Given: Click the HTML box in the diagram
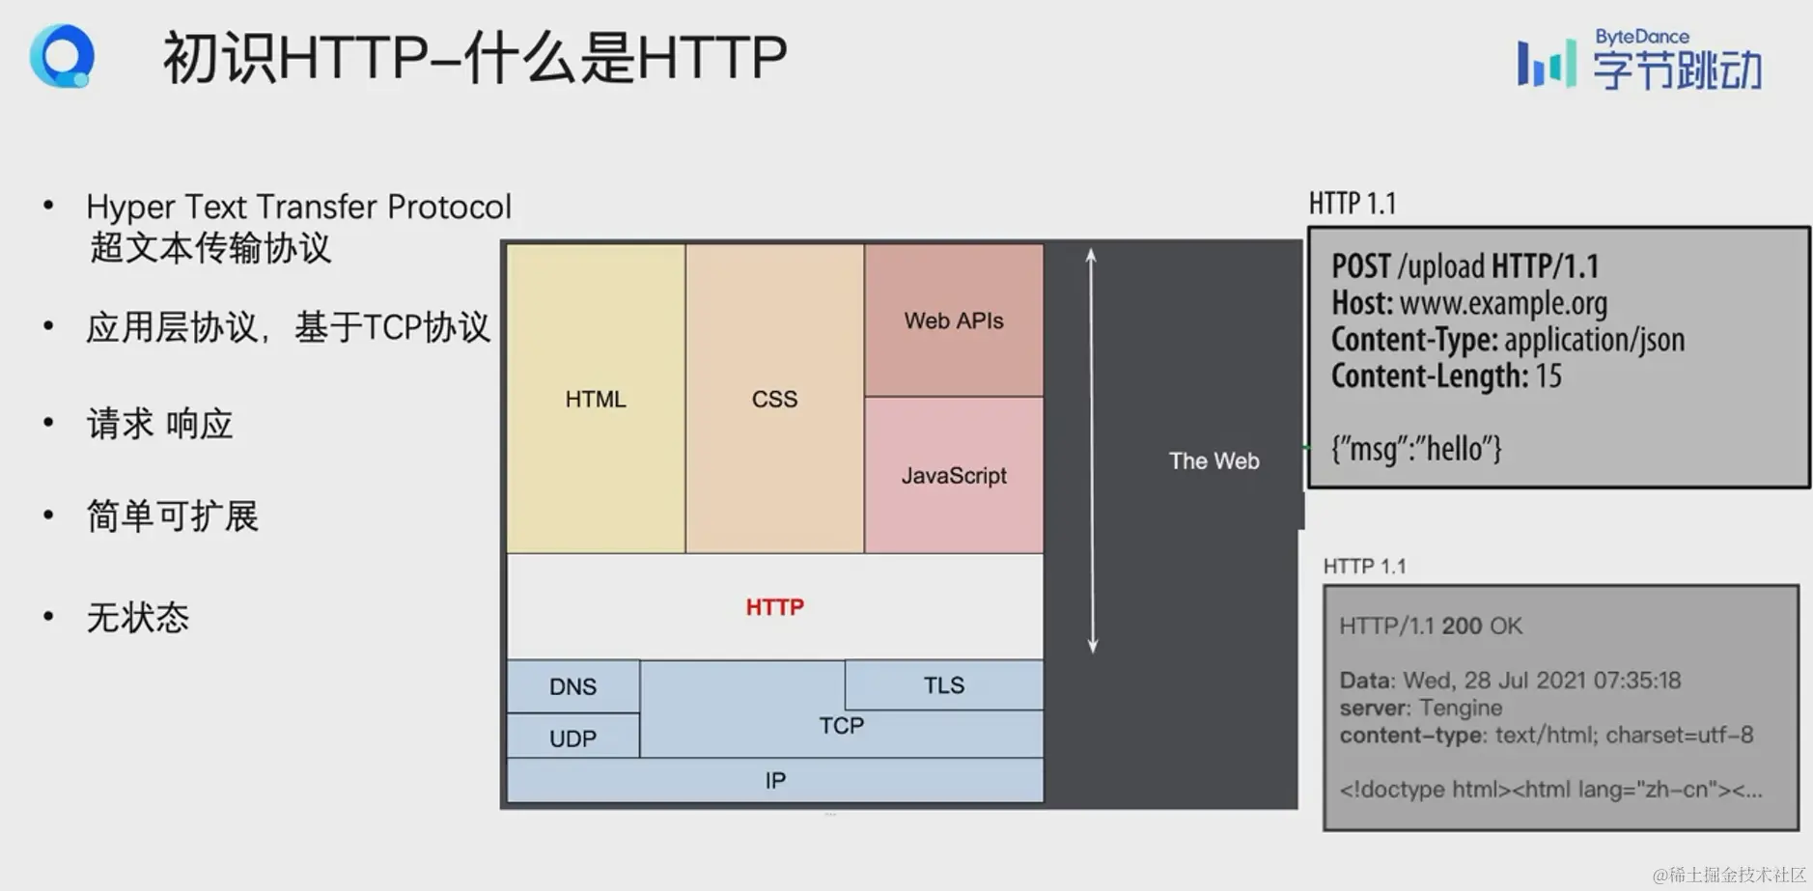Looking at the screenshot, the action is (596, 399).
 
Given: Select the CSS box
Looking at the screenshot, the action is (774, 399).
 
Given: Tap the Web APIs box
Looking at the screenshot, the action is (954, 320).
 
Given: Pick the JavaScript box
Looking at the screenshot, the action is (954, 475).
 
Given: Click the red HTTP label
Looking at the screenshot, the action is (774, 607).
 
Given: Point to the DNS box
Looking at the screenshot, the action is (572, 686).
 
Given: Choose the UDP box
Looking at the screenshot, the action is (572, 738).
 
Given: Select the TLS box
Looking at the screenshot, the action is (943, 685).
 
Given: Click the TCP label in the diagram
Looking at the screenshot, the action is (841, 726).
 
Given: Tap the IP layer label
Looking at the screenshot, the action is (775, 780).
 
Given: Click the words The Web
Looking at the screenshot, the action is (1213, 461).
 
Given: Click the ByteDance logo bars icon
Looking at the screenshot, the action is (1546, 63).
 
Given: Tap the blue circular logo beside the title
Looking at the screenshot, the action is (63, 56).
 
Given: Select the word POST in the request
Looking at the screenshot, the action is (1361, 266).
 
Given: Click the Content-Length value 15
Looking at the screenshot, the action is (1548, 376).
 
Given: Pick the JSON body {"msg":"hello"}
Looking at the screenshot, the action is (1416, 449).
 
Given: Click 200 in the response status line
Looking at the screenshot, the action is (1462, 626).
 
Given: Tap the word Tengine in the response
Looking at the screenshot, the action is (1461, 708).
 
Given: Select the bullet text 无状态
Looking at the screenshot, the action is (138, 618).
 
